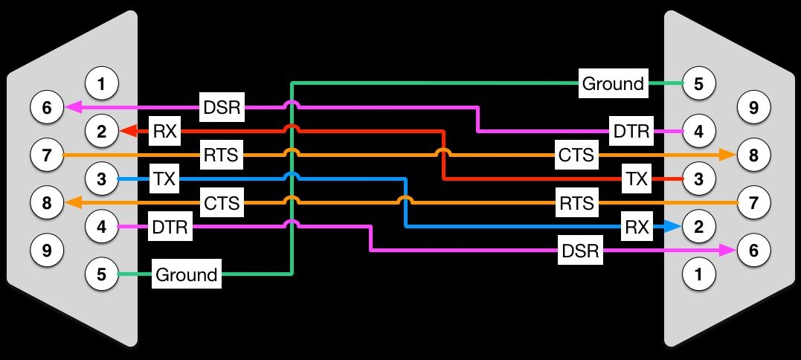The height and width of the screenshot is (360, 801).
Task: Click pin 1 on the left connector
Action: [102, 83]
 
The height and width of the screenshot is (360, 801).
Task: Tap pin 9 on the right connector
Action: [753, 107]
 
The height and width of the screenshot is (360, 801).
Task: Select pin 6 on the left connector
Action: [47, 107]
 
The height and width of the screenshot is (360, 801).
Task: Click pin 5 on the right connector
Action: [699, 83]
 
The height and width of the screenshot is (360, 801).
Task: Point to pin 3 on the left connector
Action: [102, 179]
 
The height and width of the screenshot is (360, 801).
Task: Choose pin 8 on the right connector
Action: [753, 155]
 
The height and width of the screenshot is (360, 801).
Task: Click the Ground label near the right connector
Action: [614, 83]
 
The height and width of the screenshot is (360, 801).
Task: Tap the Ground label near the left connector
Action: [187, 274]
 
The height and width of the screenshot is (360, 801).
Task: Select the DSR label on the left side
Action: [222, 107]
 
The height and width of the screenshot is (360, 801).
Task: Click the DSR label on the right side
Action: [580, 250]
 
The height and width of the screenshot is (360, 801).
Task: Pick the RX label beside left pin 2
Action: [164, 131]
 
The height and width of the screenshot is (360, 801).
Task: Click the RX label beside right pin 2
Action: [637, 227]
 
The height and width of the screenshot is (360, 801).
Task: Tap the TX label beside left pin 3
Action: [164, 179]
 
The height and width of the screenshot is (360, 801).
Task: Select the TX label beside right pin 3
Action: [637, 179]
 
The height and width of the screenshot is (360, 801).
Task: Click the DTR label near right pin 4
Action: [631, 131]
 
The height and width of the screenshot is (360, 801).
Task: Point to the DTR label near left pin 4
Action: [170, 227]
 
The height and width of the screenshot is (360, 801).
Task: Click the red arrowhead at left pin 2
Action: [126, 131]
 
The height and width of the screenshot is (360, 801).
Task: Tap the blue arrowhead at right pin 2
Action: [675, 227]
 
